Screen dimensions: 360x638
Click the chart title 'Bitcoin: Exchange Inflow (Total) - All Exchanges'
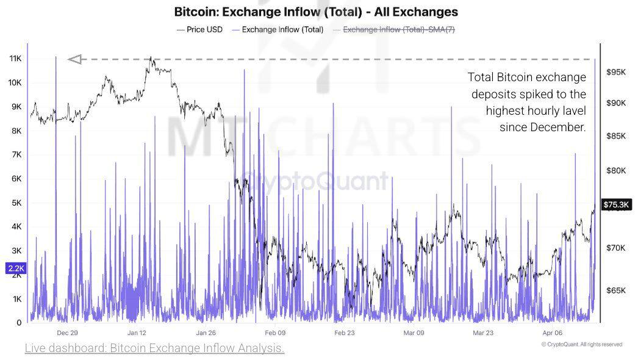[316, 12]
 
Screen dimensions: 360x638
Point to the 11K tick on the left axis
[15, 59]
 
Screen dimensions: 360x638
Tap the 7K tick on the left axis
[15, 155]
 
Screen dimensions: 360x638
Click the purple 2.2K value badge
[15, 268]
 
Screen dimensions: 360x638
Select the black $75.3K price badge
[616, 204]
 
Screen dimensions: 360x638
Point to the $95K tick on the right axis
[616, 72]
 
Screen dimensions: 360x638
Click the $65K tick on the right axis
[616, 290]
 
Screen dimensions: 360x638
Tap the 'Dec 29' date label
[67, 333]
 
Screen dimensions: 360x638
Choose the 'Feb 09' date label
[275, 333]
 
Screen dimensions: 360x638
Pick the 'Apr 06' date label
[553, 333]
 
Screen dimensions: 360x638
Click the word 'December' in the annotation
[552, 127]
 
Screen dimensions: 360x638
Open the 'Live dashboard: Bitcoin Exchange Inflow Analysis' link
[154, 348]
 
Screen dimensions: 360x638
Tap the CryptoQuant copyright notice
[581, 344]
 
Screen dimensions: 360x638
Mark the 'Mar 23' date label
[483, 333]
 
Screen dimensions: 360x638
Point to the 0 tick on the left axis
[20, 323]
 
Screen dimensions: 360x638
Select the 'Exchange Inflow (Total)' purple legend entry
[282, 29]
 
